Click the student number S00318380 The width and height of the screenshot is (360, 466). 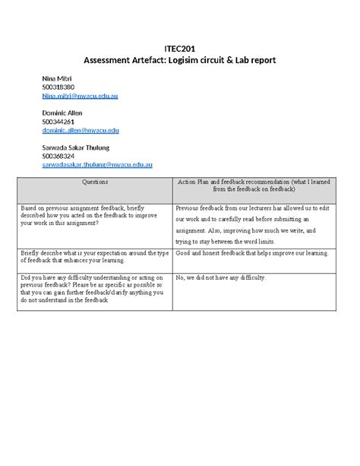point(58,87)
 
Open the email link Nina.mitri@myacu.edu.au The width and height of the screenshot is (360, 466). point(80,97)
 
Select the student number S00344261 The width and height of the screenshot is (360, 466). point(58,122)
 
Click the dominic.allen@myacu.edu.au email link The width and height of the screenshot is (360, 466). point(81,130)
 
